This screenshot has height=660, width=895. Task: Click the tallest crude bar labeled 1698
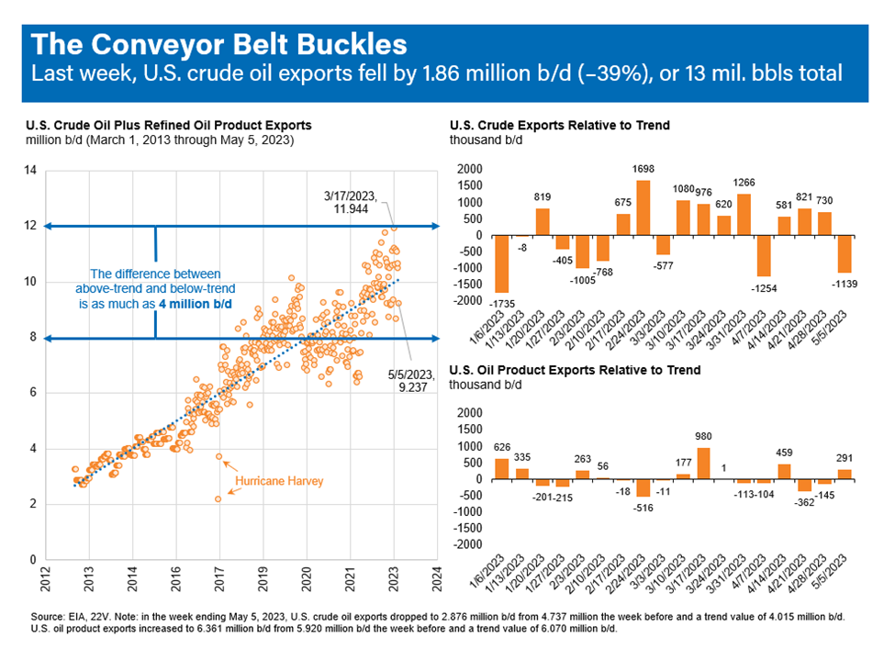pyautogui.click(x=643, y=207)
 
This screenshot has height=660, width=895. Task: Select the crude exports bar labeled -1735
pyautogui.click(x=502, y=263)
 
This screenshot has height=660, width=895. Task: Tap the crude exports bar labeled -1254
pyautogui.click(x=764, y=256)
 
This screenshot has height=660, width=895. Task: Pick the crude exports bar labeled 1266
pyautogui.click(x=744, y=215)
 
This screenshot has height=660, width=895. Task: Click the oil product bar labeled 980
pyautogui.click(x=703, y=464)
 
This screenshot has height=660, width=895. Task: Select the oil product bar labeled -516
pyautogui.click(x=643, y=488)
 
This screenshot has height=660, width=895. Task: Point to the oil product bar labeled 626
pyautogui.click(x=502, y=469)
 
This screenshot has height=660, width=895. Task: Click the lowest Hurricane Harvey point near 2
pyautogui.click(x=218, y=499)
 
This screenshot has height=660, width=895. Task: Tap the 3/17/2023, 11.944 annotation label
pyautogui.click(x=351, y=203)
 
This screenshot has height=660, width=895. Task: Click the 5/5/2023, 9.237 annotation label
pyautogui.click(x=411, y=381)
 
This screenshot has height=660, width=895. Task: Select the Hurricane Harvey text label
pyautogui.click(x=279, y=481)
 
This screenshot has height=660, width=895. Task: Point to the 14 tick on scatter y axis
pyautogui.click(x=30, y=170)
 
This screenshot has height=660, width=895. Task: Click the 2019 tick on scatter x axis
pyautogui.click(x=263, y=579)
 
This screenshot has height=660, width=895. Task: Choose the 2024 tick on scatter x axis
pyautogui.click(x=437, y=579)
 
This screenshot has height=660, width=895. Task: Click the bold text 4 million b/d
pyautogui.click(x=196, y=304)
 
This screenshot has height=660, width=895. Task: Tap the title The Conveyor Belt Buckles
pyautogui.click(x=219, y=45)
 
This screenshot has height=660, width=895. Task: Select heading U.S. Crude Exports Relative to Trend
pyautogui.click(x=560, y=125)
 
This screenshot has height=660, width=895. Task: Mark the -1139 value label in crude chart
pyautogui.click(x=845, y=284)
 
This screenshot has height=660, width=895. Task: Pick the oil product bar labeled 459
pyautogui.click(x=784, y=472)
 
